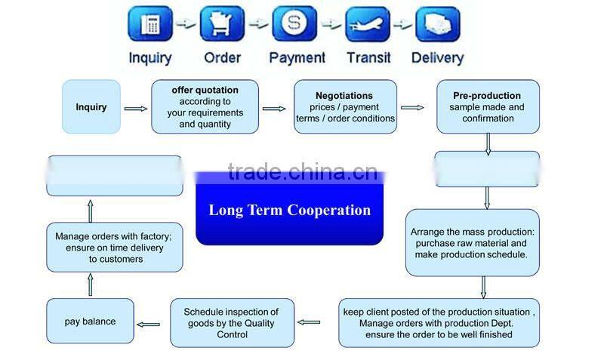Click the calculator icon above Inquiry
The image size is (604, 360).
(x=151, y=24)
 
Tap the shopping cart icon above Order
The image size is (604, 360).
(x=222, y=24)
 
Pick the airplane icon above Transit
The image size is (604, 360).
(x=368, y=24)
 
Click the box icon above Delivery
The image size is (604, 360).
(x=437, y=24)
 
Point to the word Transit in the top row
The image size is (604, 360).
(x=368, y=57)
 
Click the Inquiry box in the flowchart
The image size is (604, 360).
(x=91, y=107)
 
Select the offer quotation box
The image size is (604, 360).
(x=205, y=107)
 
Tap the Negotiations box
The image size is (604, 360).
(x=345, y=107)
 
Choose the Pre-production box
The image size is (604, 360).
(x=488, y=107)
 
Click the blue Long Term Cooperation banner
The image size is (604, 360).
(x=290, y=211)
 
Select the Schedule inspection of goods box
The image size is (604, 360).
(x=231, y=323)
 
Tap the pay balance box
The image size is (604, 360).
(x=91, y=322)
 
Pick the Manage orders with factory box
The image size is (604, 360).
(x=114, y=248)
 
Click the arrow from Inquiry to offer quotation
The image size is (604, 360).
(x=136, y=109)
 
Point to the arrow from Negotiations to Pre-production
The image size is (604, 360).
(x=412, y=108)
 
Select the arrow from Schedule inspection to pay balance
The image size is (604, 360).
(x=149, y=325)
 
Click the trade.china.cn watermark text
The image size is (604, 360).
(x=302, y=172)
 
